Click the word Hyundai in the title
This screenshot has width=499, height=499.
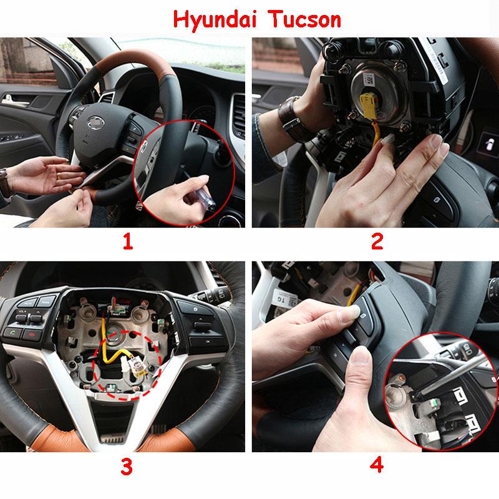tap(212, 20)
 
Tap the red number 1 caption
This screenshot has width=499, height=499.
tap(127, 242)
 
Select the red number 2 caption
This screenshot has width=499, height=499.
tap(377, 242)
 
